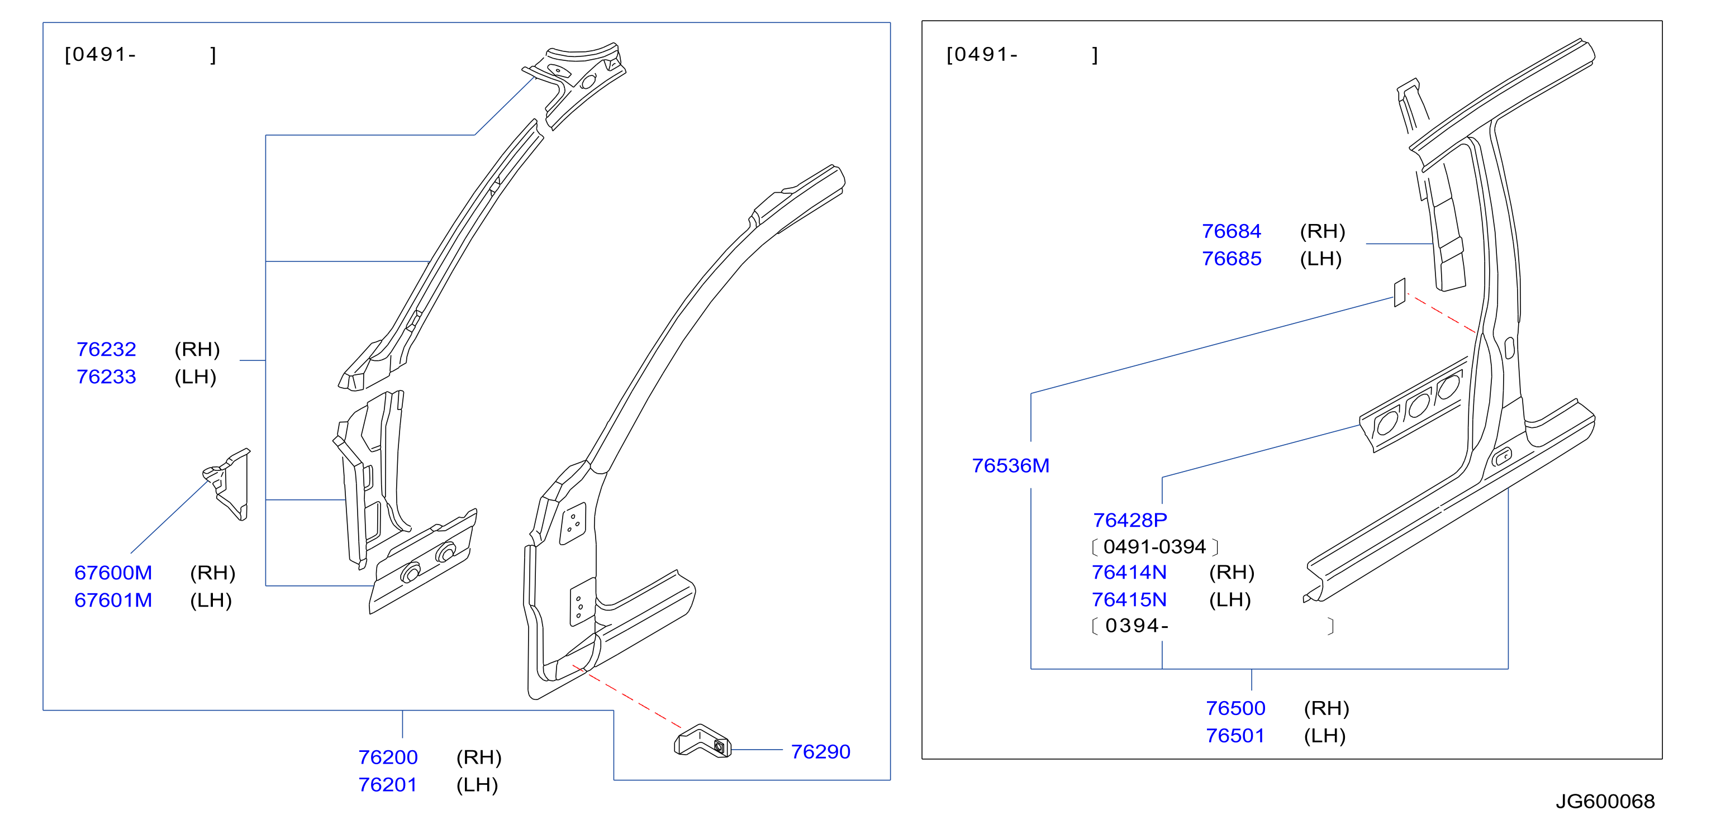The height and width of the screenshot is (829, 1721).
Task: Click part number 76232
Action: tap(106, 349)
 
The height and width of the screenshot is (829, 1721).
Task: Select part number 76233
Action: tap(106, 377)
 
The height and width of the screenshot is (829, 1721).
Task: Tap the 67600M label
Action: tap(113, 573)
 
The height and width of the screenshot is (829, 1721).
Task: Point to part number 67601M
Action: tap(113, 600)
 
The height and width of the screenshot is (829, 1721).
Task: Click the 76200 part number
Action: tap(387, 757)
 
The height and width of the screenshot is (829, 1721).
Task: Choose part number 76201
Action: tap(387, 784)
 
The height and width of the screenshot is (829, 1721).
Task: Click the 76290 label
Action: tap(820, 751)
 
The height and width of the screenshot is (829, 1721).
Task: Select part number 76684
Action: tap(1232, 231)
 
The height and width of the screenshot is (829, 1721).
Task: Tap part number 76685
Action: tap(1232, 259)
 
